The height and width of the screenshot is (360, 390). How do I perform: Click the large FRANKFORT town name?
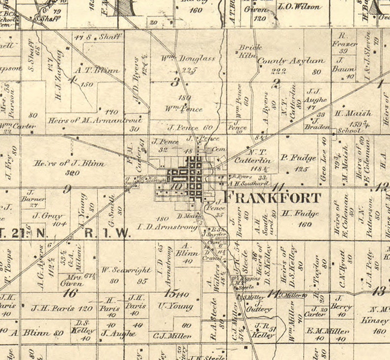[273, 198]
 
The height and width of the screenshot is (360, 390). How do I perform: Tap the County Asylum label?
[291, 61]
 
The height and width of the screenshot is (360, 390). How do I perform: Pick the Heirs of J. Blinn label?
[69, 164]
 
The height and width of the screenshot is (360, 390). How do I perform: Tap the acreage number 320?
[73, 173]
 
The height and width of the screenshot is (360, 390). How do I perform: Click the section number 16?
[71, 293]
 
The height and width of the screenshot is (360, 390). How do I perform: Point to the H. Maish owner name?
[353, 113]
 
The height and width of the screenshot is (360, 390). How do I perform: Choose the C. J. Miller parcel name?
[172, 336]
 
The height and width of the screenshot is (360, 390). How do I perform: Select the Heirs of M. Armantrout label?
[95, 120]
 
